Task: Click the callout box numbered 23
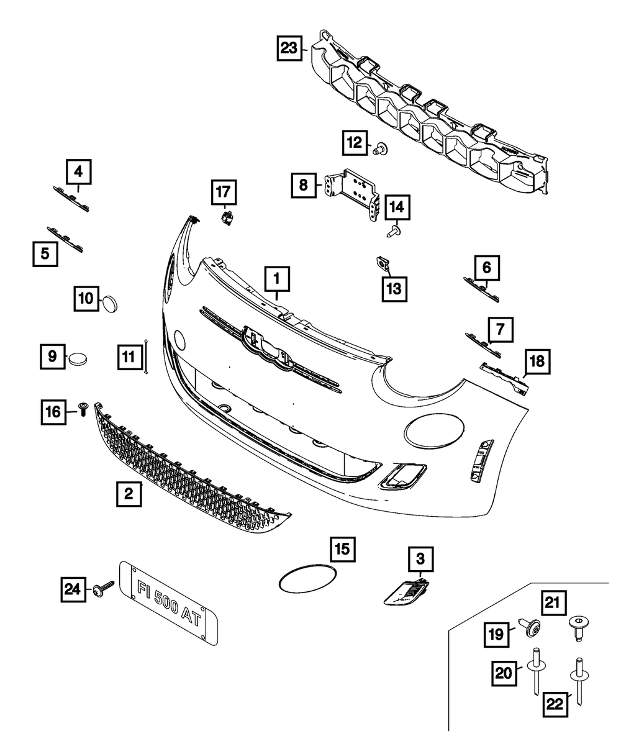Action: [289, 48]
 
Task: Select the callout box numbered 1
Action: [277, 280]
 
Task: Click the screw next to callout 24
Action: [104, 588]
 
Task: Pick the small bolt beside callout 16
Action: [83, 409]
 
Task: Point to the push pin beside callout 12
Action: [380, 148]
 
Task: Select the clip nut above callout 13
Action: [384, 265]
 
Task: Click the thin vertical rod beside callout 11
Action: [146, 357]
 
